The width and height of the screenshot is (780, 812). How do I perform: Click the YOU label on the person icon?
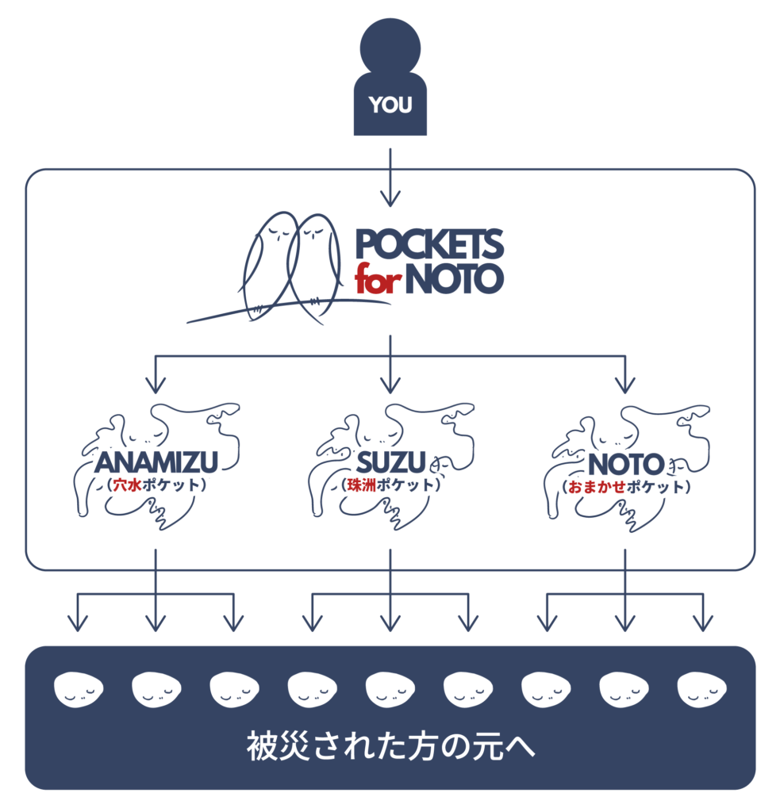(x=390, y=105)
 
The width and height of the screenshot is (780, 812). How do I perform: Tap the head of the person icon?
(x=390, y=47)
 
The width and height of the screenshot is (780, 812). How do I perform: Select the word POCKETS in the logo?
(x=429, y=245)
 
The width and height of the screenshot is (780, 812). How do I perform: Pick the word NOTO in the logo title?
(x=454, y=280)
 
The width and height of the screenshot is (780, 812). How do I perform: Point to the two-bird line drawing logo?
(x=289, y=270)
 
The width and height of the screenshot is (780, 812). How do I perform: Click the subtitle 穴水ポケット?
(x=156, y=485)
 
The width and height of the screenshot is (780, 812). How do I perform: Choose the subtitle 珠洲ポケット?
(x=390, y=485)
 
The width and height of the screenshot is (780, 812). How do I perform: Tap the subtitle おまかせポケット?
(x=624, y=486)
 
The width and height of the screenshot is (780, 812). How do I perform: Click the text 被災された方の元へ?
(x=390, y=748)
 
